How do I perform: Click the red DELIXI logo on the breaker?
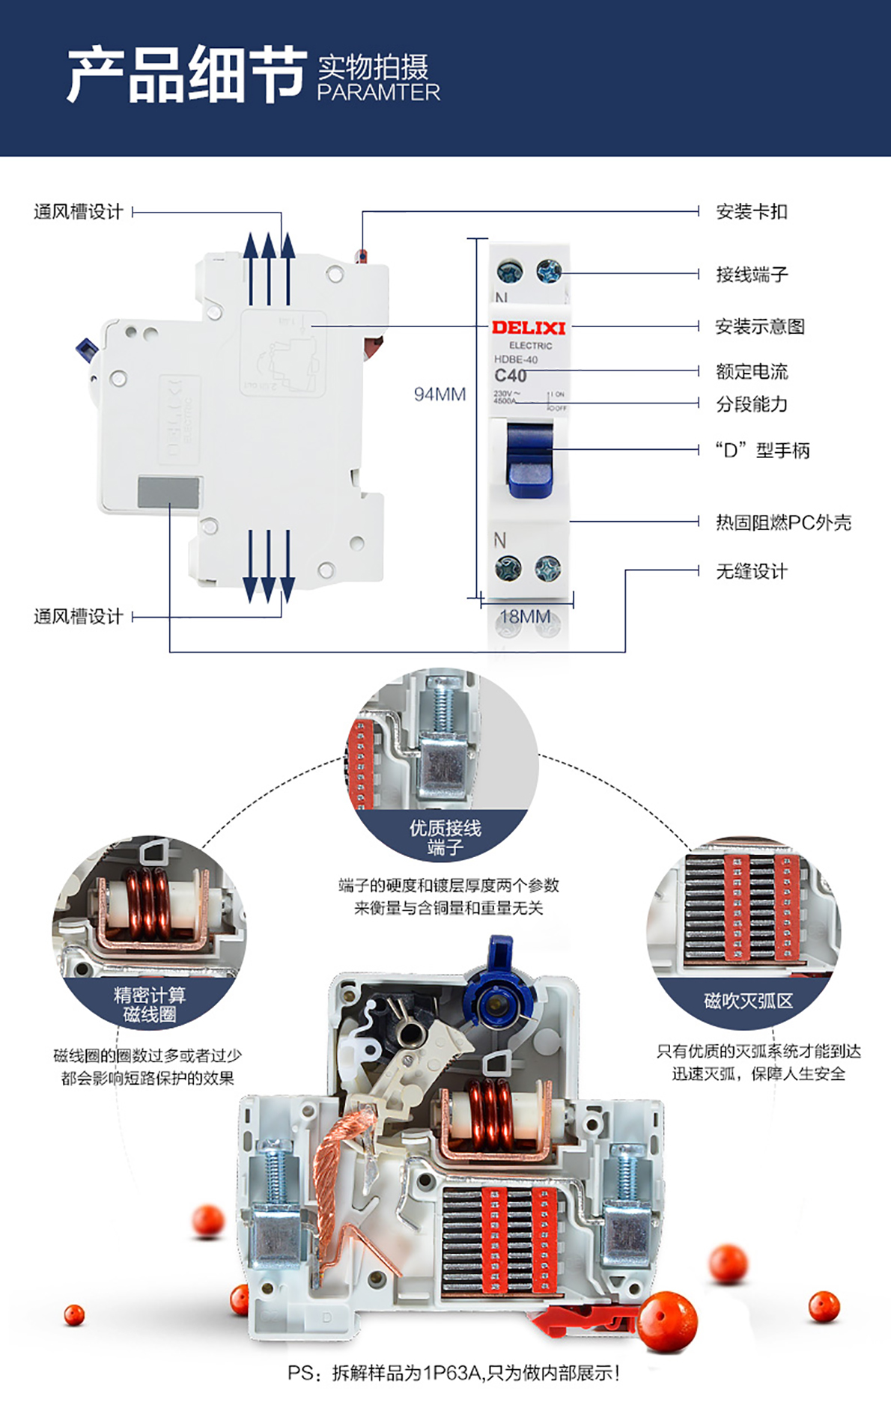[528, 327]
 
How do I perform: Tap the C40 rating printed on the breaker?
[511, 375]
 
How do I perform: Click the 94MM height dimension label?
[440, 394]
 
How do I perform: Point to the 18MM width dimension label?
[525, 616]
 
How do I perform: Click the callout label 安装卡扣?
[751, 212]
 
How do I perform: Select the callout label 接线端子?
[752, 275]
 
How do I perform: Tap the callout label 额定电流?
[752, 371]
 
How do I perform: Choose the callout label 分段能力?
[752, 404]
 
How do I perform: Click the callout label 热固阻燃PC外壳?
[783, 522]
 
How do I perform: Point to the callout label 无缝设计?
[752, 571]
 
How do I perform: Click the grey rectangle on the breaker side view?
[168, 492]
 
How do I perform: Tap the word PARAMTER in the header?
[378, 92]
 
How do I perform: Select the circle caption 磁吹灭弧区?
[747, 1001]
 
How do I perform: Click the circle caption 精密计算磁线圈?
[149, 1005]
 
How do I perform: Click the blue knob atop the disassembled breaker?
[498, 988]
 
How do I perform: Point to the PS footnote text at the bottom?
[454, 1372]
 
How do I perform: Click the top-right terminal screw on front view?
[549, 271]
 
